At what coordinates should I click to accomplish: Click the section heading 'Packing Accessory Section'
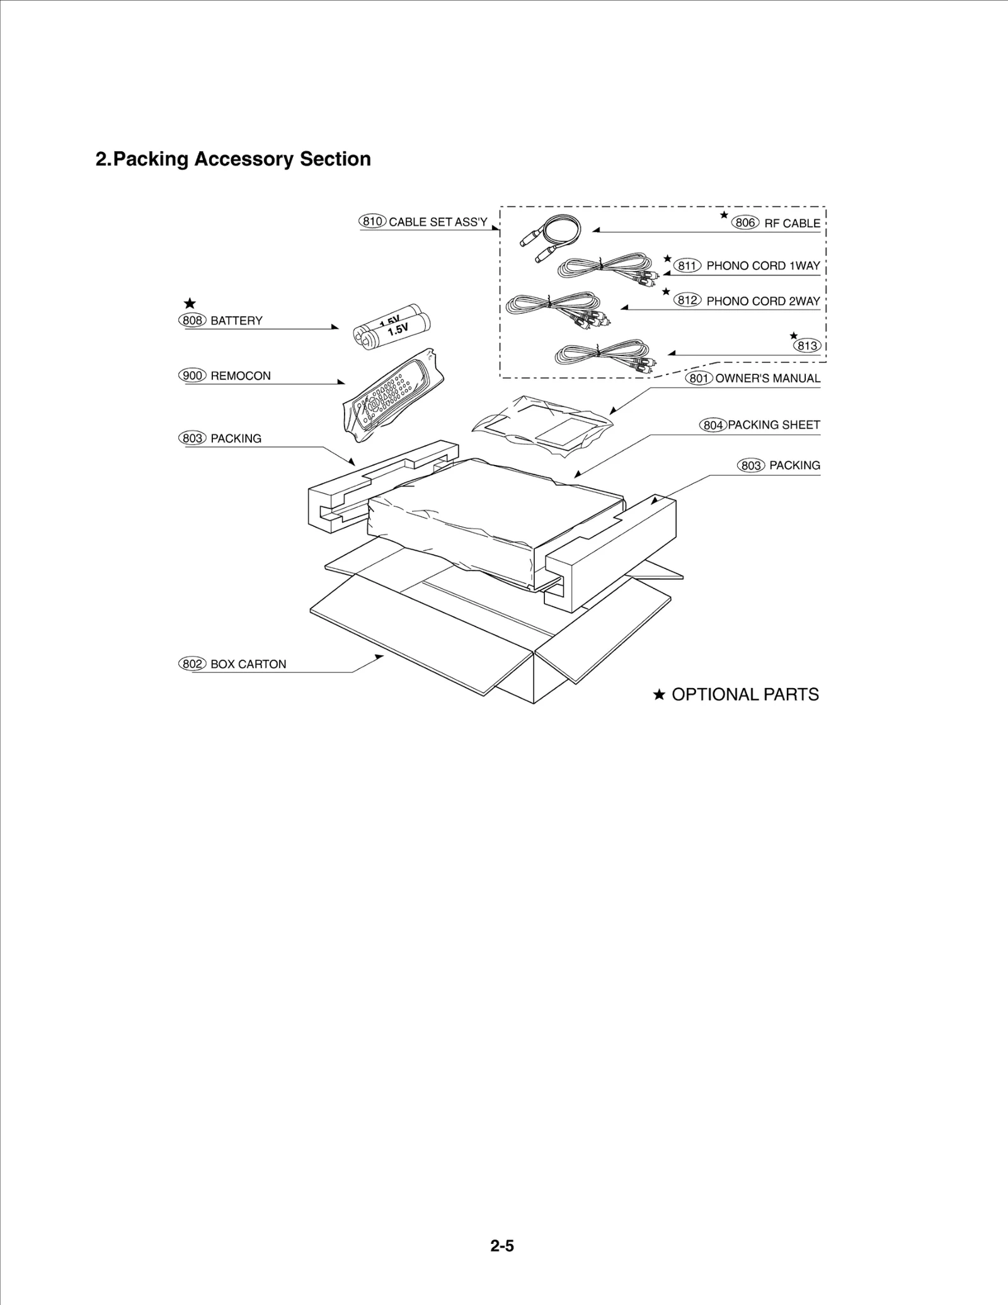[233, 159]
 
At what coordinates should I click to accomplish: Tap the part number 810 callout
[372, 221]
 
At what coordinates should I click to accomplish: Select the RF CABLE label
[792, 223]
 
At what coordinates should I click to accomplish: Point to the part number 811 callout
[687, 266]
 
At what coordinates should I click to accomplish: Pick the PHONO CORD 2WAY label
[763, 301]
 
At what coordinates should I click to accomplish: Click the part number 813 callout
[807, 345]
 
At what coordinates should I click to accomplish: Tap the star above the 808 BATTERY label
[190, 304]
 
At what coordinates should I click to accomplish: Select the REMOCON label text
[241, 376]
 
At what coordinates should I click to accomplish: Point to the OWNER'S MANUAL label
[767, 379]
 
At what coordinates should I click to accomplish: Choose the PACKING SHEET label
[774, 425]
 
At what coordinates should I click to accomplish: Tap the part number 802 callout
[192, 664]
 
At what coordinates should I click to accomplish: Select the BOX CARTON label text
[248, 664]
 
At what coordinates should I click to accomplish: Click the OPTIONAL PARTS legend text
[745, 694]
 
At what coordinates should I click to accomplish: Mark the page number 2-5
[502, 1246]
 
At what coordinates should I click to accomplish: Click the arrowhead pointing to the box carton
[379, 657]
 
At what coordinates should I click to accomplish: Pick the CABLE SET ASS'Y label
[438, 222]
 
